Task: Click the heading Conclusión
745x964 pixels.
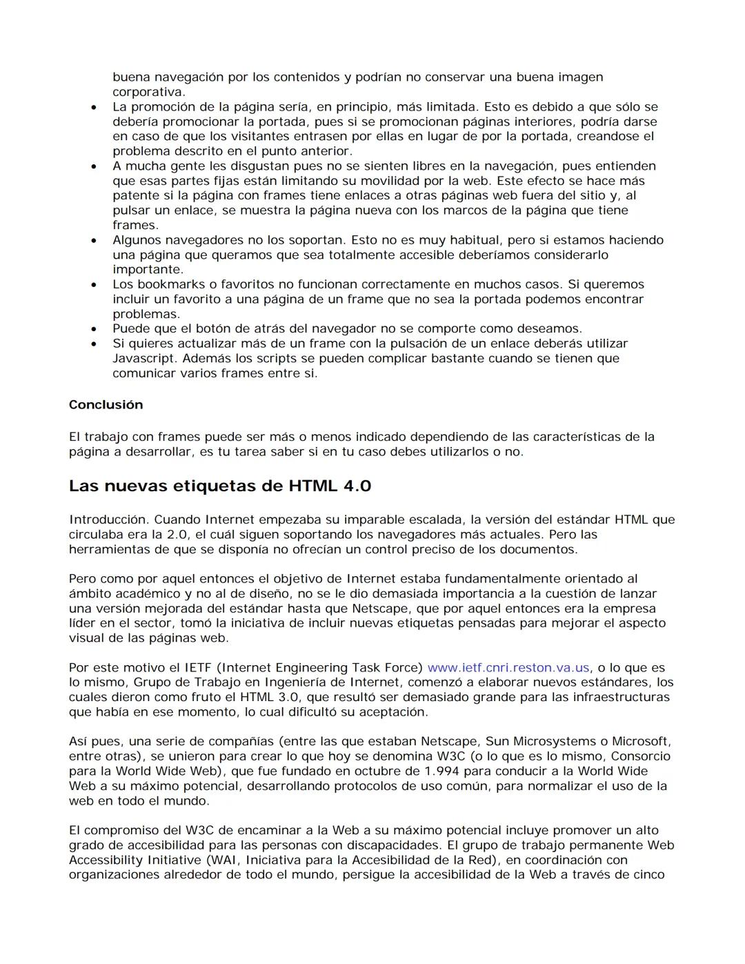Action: [106, 405]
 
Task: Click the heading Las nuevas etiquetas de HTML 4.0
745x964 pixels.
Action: [219, 486]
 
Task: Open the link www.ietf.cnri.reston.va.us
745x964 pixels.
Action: [508, 668]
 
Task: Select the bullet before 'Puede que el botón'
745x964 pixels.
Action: [93, 329]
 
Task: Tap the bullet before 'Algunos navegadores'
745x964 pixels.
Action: [93, 241]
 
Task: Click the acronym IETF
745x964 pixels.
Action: [200, 668]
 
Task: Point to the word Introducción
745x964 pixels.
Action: [108, 520]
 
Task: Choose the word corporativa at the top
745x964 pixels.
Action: [148, 92]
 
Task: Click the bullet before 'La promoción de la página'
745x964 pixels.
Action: [93, 108]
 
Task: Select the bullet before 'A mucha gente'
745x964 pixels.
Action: [93, 167]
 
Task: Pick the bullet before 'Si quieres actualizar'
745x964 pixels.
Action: [93, 344]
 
